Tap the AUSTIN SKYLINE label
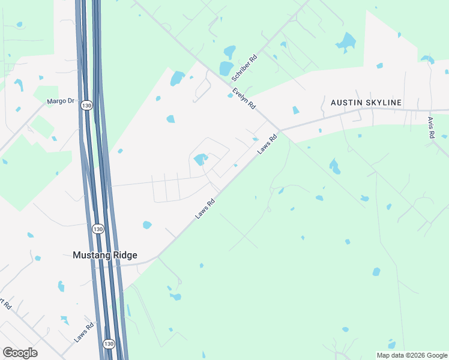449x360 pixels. pos(366,103)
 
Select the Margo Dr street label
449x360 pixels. pos(61,101)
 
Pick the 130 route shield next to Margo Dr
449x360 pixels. pos(88,106)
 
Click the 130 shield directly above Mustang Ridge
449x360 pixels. pos(97,229)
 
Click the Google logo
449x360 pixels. pos(20,353)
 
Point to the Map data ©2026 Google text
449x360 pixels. pos(411,355)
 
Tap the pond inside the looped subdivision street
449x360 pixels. pos(200,159)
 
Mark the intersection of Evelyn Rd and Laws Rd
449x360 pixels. pos(280,130)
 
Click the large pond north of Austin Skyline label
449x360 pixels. pos(346,42)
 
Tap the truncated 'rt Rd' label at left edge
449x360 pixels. pos(6,305)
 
